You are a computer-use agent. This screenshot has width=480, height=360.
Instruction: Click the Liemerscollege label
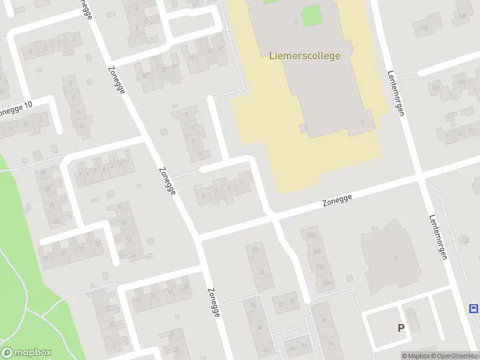[301, 56]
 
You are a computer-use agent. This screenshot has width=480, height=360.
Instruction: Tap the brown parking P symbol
[401, 328]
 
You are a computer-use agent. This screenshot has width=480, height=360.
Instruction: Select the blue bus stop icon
[474, 309]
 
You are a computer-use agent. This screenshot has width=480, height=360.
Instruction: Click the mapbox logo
[26, 353]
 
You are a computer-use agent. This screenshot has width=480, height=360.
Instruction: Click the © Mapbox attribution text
[416, 356]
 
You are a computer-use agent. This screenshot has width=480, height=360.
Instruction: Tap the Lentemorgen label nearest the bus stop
[439, 237]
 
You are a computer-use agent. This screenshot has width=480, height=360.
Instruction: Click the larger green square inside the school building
[311, 15]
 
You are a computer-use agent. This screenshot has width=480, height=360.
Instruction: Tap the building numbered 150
[424, 28]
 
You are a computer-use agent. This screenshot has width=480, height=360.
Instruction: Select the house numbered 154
[461, 82]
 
